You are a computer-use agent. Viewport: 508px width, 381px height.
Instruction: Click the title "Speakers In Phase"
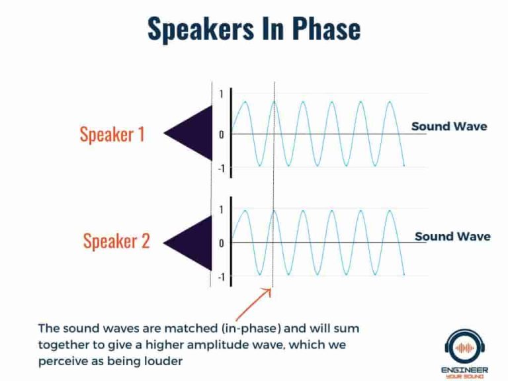click(x=253, y=28)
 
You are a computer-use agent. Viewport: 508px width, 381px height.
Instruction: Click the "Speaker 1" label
click(x=112, y=134)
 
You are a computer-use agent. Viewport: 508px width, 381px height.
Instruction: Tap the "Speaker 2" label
click(x=116, y=241)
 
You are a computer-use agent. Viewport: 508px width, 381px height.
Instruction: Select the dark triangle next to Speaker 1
click(x=190, y=134)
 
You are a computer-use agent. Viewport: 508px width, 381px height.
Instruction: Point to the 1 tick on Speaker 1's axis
click(x=222, y=94)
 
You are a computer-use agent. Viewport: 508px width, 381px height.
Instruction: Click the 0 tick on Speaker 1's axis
click(x=222, y=134)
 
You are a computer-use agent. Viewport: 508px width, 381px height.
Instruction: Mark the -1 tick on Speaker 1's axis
click(x=220, y=169)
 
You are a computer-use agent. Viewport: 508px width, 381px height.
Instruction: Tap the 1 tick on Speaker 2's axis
click(x=222, y=210)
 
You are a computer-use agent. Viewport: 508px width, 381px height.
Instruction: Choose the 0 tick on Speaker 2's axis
click(x=222, y=243)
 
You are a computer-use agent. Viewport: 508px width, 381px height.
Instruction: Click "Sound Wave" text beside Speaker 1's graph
click(x=449, y=126)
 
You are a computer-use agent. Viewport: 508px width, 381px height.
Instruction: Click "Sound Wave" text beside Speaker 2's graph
click(x=452, y=236)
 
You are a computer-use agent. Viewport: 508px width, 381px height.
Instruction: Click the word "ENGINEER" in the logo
click(x=466, y=368)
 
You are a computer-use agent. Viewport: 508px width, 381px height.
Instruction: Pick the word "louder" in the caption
click(x=166, y=361)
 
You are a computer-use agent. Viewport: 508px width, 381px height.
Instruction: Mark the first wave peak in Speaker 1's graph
click(x=245, y=102)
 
